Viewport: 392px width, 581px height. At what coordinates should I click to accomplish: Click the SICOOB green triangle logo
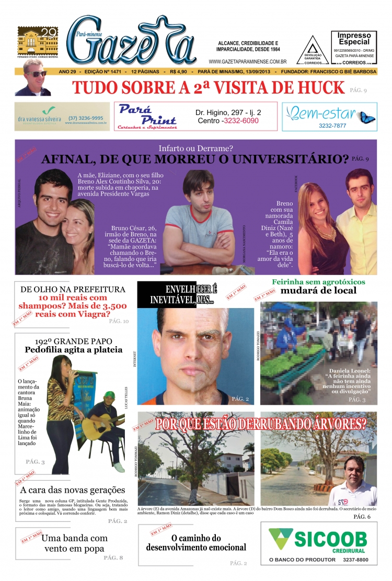click(280, 539)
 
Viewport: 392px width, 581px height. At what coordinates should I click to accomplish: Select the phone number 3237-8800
click(355, 560)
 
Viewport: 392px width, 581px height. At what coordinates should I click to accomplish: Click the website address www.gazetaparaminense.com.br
click(247, 61)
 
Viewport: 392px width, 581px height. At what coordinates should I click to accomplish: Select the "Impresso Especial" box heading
click(354, 38)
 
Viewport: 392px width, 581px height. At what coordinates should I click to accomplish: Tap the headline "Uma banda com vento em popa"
click(74, 543)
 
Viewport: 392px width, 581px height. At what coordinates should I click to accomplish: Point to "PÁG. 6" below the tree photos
click(362, 517)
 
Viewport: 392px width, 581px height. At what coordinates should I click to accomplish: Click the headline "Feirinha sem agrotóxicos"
click(318, 282)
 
